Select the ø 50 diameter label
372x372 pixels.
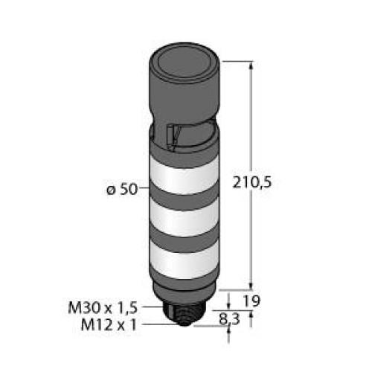tap(121, 189)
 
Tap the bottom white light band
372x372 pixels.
tap(184, 260)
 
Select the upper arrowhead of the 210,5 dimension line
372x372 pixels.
tap(249, 65)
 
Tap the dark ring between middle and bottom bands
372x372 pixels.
tap(184, 240)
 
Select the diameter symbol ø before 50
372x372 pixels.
tap(111, 190)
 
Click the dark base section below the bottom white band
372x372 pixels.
tap(184, 286)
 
